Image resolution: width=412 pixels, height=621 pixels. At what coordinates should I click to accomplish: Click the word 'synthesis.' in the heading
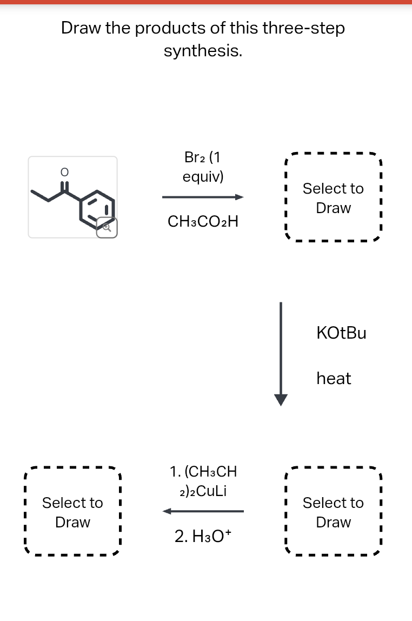[203, 51]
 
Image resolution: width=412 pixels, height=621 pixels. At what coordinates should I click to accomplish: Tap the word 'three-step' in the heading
[303, 28]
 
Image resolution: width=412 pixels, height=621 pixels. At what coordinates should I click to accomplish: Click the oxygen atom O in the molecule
[64, 172]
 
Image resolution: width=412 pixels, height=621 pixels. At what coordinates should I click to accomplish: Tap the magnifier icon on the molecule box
[107, 228]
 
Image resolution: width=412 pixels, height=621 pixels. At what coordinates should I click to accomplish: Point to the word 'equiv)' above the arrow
[203, 177]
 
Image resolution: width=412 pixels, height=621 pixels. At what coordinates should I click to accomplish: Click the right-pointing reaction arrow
[203, 197]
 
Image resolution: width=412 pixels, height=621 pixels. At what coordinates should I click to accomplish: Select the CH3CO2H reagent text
[203, 221]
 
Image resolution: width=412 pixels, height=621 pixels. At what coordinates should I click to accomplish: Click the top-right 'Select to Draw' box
[333, 199]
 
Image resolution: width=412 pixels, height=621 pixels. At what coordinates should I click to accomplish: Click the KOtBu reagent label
[341, 333]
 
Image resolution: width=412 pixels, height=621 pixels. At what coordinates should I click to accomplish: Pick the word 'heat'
[334, 378]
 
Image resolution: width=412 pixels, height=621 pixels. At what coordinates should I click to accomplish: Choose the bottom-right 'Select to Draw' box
[333, 512]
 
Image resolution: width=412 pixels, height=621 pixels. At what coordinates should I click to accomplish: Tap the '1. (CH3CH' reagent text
[203, 471]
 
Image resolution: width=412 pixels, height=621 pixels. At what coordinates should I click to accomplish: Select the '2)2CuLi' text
[203, 491]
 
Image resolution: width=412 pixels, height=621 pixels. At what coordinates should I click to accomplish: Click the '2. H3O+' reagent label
[203, 536]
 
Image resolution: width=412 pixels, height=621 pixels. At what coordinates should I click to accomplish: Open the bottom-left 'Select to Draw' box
[72, 512]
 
